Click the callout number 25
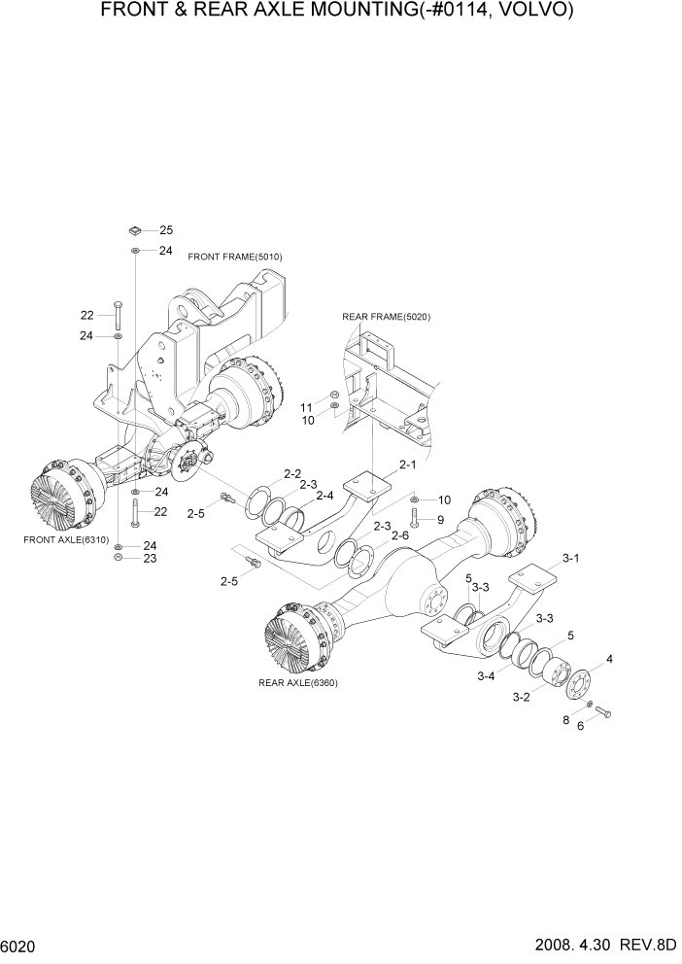tap(166, 230)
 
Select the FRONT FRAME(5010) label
tap(228, 257)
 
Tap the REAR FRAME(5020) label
tap(386, 317)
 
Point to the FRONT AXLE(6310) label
tap(63, 537)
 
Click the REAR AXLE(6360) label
tap(298, 683)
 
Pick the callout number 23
tap(151, 559)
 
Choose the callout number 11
tap(307, 407)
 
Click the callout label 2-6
tap(399, 535)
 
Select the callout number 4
tap(609, 660)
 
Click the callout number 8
tap(565, 720)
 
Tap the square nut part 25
tap(135, 230)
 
